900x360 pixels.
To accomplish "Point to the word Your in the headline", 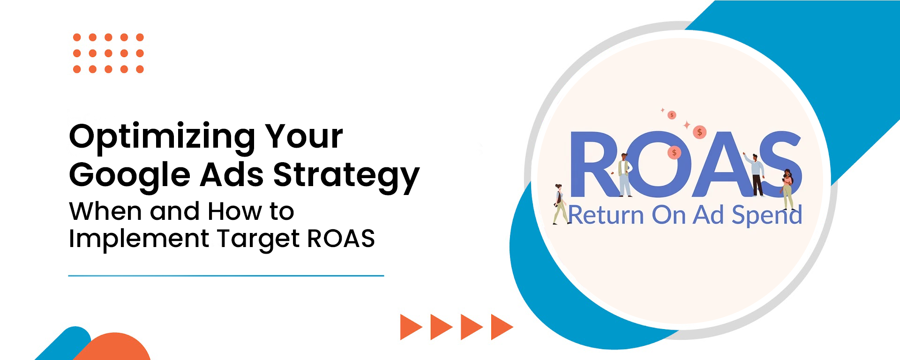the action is pyautogui.click(x=304, y=136).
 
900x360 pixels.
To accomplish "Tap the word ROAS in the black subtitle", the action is pyautogui.click(x=341, y=238).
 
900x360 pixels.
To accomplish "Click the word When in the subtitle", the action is pyautogui.click(x=105, y=211).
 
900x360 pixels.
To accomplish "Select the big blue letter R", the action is pyautogui.click(x=595, y=164).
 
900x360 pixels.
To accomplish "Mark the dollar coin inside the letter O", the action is pyautogui.click(x=674, y=152).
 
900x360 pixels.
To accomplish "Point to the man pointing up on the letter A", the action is pyautogui.click(x=754, y=173).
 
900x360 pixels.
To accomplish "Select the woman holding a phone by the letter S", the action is pyautogui.click(x=787, y=189).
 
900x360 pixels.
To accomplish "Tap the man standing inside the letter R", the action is pyautogui.click(x=625, y=174).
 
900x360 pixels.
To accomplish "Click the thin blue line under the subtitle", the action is pyautogui.click(x=226, y=276).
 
